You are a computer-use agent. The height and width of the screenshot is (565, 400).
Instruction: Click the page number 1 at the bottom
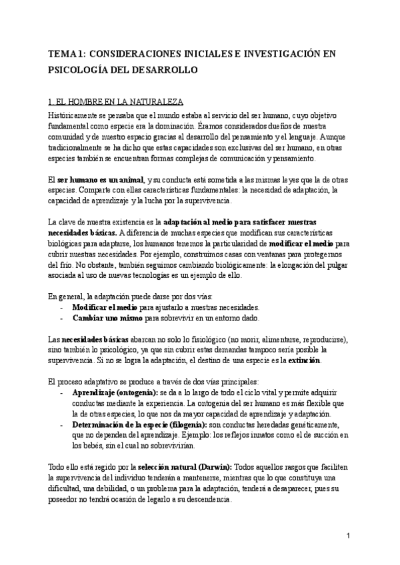(349, 536)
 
